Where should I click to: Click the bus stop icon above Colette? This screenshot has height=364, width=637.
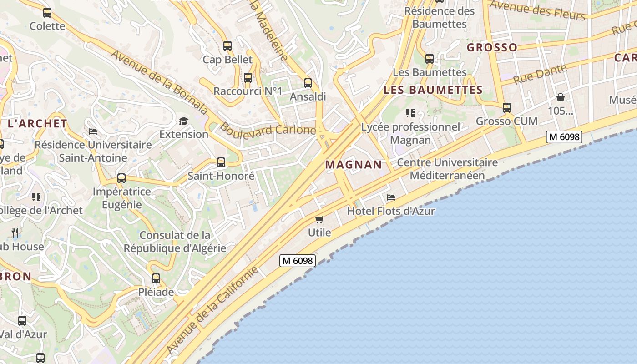click(47, 13)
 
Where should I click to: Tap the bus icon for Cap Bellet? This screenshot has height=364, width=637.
click(227, 46)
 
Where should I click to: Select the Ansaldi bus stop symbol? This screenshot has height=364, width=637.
click(308, 83)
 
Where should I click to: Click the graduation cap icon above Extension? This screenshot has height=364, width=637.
click(183, 121)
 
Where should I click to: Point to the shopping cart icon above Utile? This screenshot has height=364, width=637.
click(319, 219)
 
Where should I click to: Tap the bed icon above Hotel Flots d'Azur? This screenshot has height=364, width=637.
click(390, 197)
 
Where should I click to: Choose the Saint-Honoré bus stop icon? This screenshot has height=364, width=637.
click(221, 162)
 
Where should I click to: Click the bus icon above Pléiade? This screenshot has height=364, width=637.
click(156, 278)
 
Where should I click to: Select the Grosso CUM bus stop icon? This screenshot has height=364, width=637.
click(507, 108)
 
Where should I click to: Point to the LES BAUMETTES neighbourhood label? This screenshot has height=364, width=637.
click(433, 90)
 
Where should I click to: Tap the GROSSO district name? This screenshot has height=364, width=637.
click(492, 47)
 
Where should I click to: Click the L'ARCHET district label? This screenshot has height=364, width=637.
click(37, 123)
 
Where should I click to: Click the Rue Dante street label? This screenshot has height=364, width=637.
click(540, 74)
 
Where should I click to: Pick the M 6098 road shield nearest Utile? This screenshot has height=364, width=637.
click(298, 261)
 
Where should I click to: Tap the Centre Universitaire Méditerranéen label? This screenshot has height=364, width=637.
click(447, 169)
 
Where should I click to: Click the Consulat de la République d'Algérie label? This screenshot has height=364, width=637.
click(175, 242)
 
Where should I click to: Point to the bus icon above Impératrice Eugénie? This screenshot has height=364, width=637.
click(121, 178)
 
